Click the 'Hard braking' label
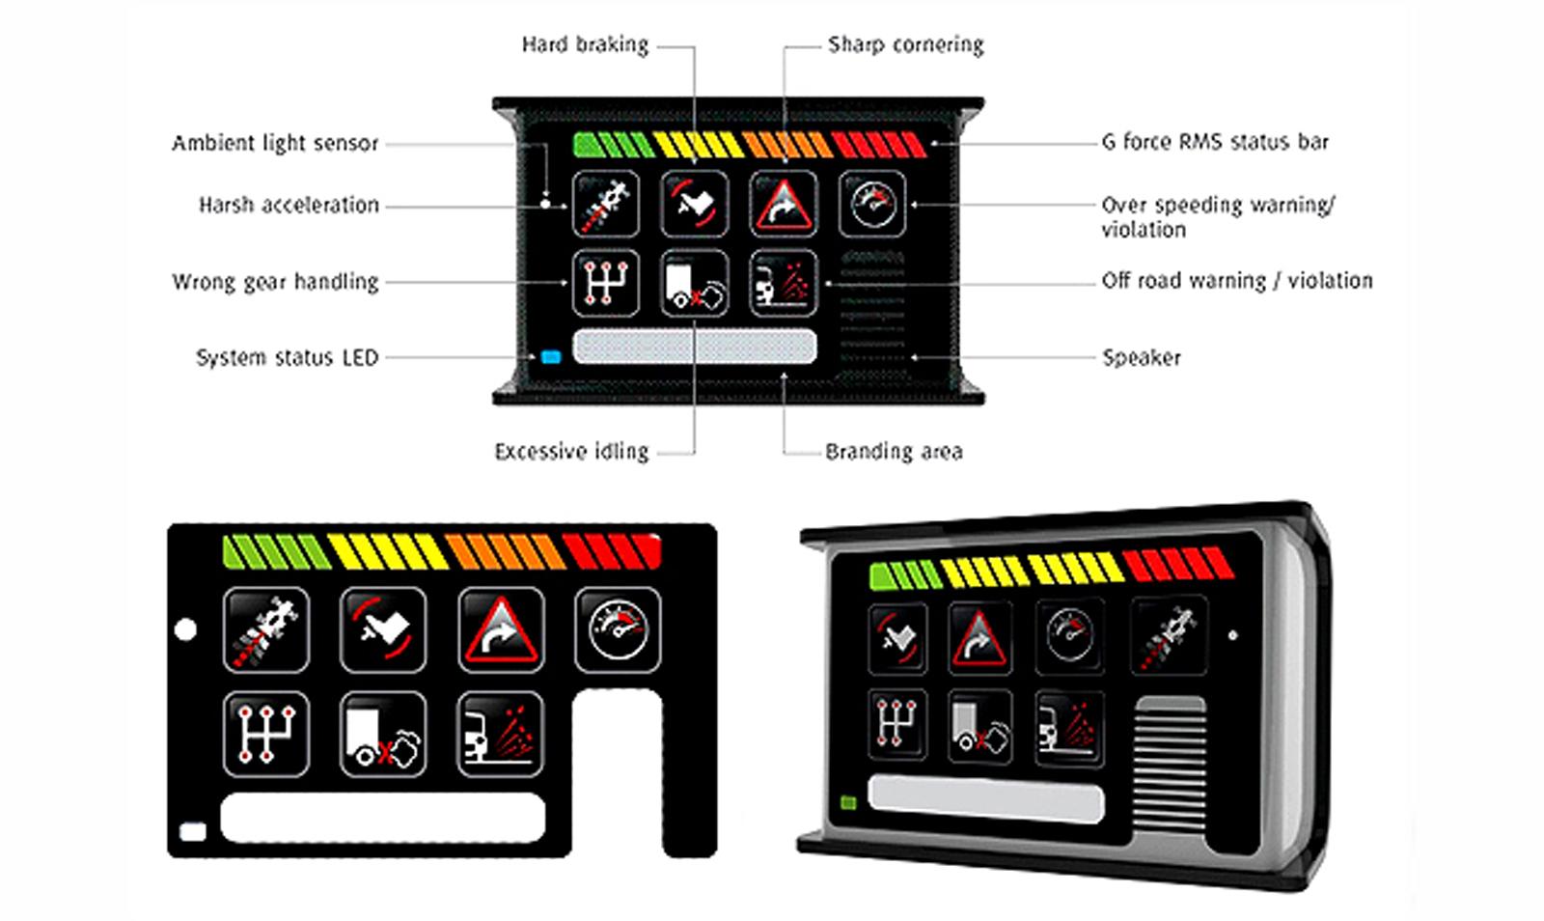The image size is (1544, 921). pyautogui.click(x=585, y=44)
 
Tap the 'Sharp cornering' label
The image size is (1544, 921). pyautogui.click(x=905, y=44)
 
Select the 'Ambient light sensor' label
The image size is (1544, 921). pyautogui.click(x=275, y=144)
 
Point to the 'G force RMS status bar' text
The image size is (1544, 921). pyautogui.click(x=1215, y=142)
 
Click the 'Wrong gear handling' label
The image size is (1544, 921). pyautogui.click(x=275, y=282)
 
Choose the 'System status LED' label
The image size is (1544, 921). pyautogui.click(x=287, y=357)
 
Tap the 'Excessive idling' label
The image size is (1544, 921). pyautogui.click(x=571, y=452)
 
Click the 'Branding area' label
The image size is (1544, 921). pyautogui.click(x=894, y=452)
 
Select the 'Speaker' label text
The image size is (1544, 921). pyautogui.click(x=1142, y=357)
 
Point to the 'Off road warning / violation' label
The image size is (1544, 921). pyautogui.click(x=1236, y=281)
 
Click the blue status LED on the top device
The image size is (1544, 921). pyautogui.click(x=551, y=356)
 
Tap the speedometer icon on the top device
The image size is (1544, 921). pyautogui.click(x=872, y=204)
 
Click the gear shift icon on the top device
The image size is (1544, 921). pyautogui.click(x=606, y=283)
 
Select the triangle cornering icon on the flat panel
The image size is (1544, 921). pyautogui.click(x=501, y=629)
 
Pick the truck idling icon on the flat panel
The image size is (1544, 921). pyautogui.click(x=383, y=735)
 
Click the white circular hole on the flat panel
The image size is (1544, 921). pyautogui.click(x=186, y=630)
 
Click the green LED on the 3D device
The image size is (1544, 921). pyautogui.click(x=849, y=802)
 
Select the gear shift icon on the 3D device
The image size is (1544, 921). pyautogui.click(x=897, y=723)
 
